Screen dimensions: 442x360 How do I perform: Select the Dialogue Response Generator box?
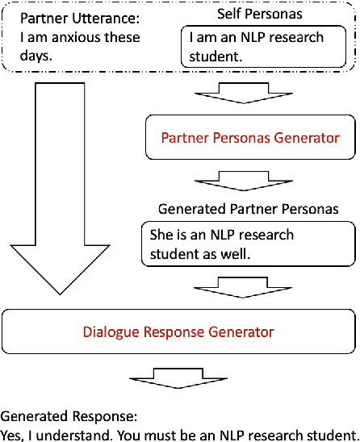coord(178,331)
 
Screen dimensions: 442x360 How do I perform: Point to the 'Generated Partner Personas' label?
coord(247,209)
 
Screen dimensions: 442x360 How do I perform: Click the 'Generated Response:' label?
coord(69,417)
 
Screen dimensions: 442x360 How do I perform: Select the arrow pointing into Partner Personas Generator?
coord(245,92)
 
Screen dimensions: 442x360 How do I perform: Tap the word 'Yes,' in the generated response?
coord(13,433)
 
